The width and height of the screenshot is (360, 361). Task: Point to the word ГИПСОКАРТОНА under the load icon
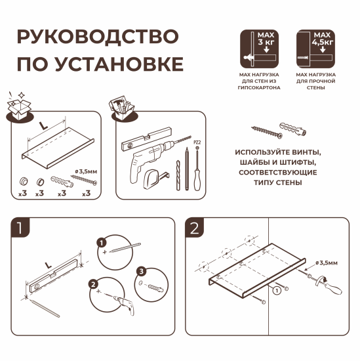(260, 87)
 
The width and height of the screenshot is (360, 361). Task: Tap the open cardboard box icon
(22, 107)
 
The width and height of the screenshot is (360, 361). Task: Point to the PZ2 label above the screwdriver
(196, 141)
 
